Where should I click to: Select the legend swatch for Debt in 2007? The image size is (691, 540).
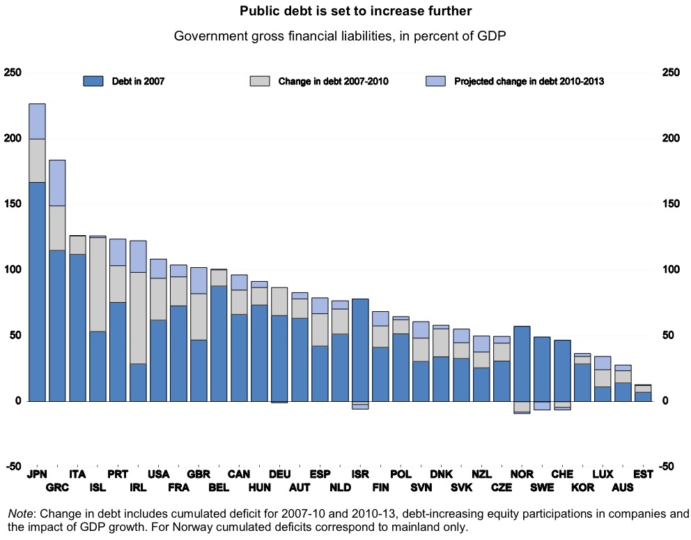93,81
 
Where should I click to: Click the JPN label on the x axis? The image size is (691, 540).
38,474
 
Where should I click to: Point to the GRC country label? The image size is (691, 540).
57,486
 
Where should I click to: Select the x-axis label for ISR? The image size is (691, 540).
360,474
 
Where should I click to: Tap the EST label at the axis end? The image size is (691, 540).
644,474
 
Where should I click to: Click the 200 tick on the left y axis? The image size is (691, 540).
13,139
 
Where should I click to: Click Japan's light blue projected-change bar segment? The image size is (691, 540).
38,121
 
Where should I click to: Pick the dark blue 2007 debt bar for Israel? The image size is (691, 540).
360,350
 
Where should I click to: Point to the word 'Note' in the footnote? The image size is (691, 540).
20,514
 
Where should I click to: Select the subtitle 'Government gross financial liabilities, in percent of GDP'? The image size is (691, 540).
340,36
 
